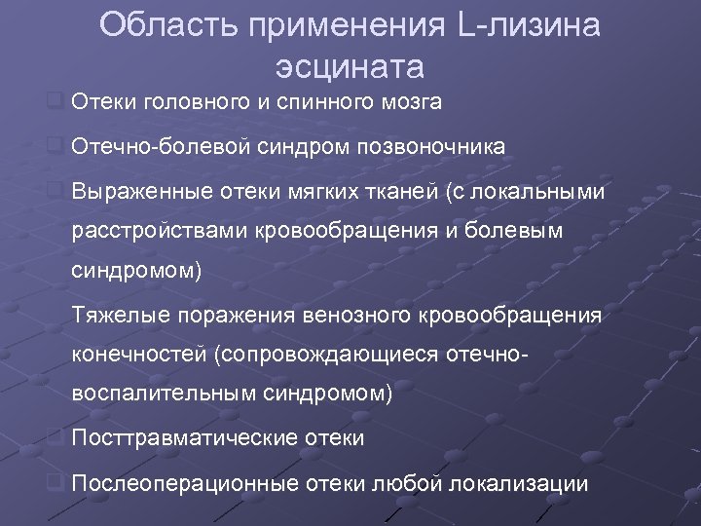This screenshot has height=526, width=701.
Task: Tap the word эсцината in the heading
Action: (350, 68)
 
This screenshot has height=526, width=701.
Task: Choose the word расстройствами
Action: (159, 234)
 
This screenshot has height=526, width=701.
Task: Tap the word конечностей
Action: (142, 354)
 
